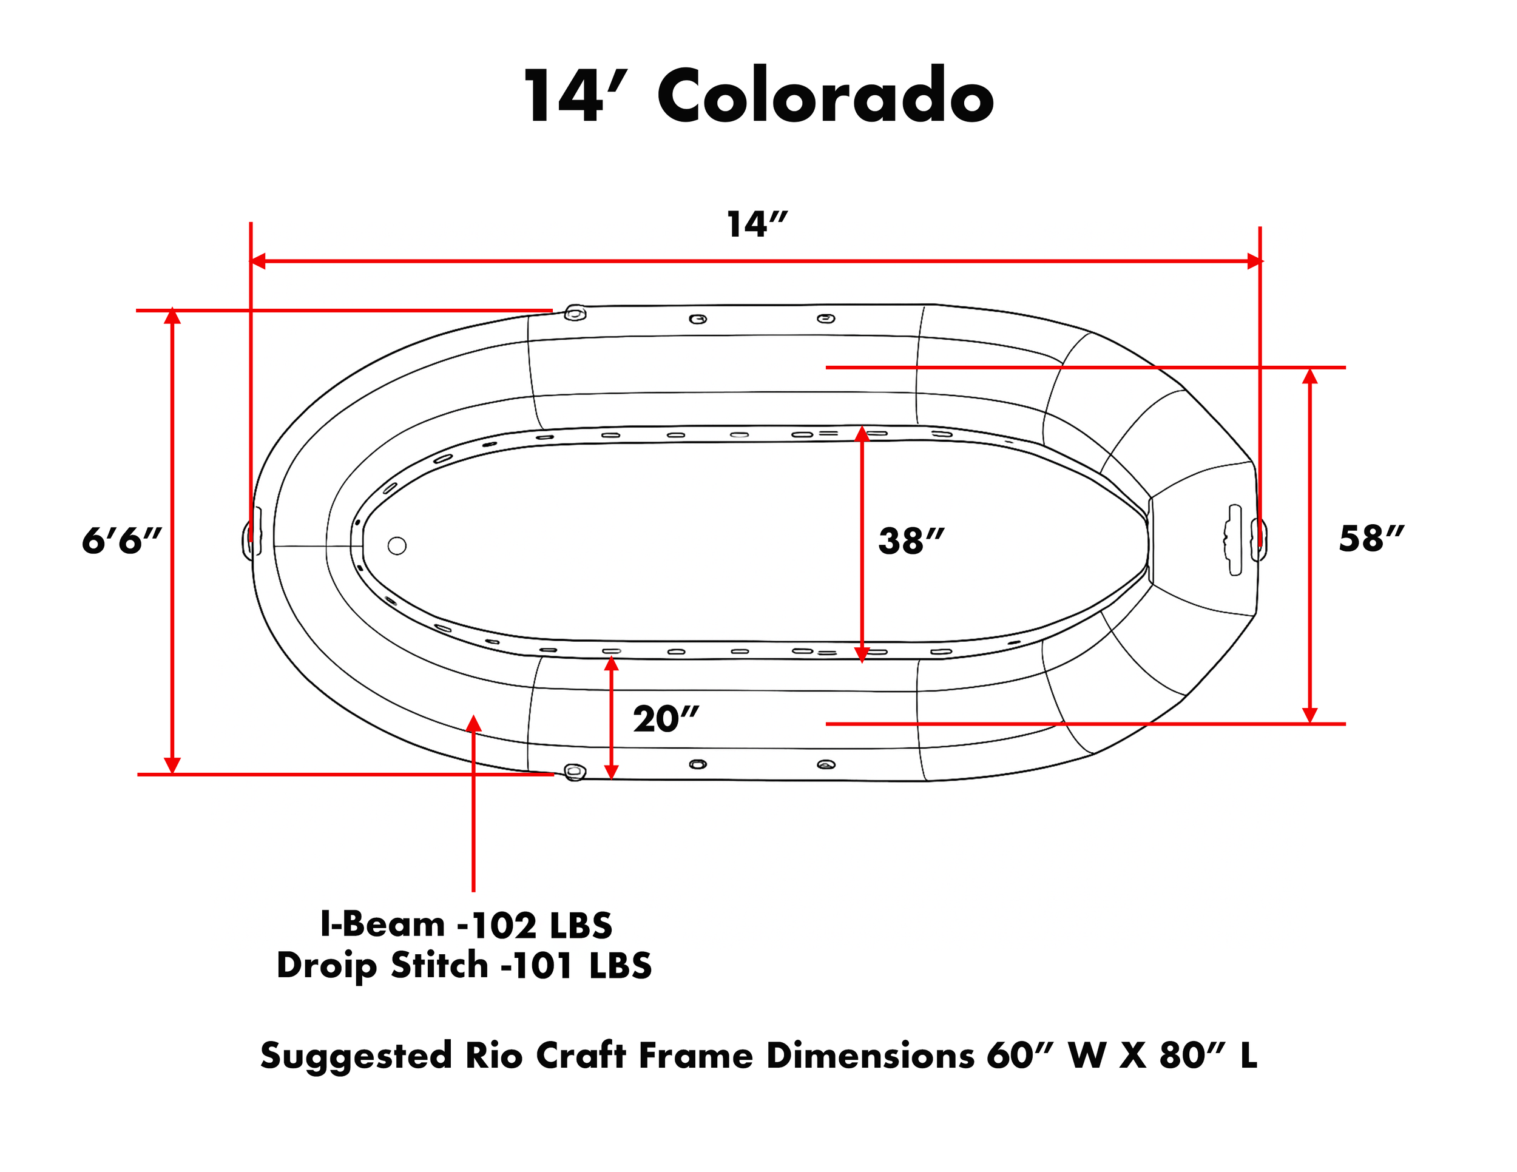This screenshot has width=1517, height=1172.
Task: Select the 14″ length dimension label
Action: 757,224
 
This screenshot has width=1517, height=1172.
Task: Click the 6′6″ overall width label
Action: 121,540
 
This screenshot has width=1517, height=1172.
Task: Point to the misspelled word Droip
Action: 326,966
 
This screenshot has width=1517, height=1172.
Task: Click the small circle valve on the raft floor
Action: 397,546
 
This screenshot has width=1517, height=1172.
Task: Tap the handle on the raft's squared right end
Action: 1234,539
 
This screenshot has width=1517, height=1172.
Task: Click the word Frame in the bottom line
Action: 695,1056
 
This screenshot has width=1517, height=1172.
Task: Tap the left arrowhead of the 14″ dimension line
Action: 258,261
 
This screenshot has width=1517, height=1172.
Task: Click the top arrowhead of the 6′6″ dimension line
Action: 172,317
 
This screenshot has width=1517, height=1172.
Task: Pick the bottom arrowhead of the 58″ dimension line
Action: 1309,715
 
